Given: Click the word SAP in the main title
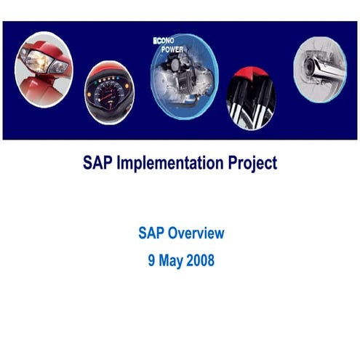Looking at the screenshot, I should pyautogui.click(x=97, y=163).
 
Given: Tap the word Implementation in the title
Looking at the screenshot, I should pyautogui.click(x=170, y=163).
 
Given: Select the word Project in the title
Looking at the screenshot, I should pyautogui.click(x=249, y=163).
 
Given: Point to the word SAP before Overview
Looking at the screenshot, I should pyautogui.click(x=151, y=233).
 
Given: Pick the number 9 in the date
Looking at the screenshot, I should pyautogui.click(x=151, y=260).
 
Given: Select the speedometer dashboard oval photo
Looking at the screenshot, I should pyautogui.click(x=109, y=94).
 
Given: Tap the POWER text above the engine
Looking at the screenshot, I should pyautogui.click(x=172, y=49).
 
